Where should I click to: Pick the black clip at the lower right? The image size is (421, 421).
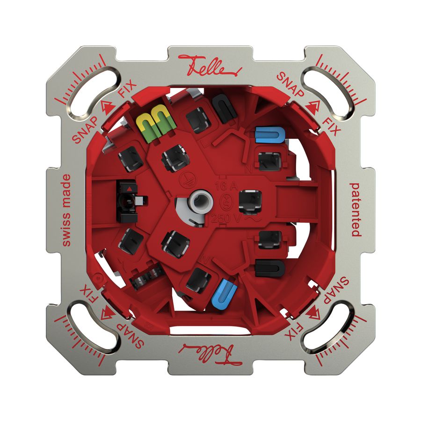point(270,268)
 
